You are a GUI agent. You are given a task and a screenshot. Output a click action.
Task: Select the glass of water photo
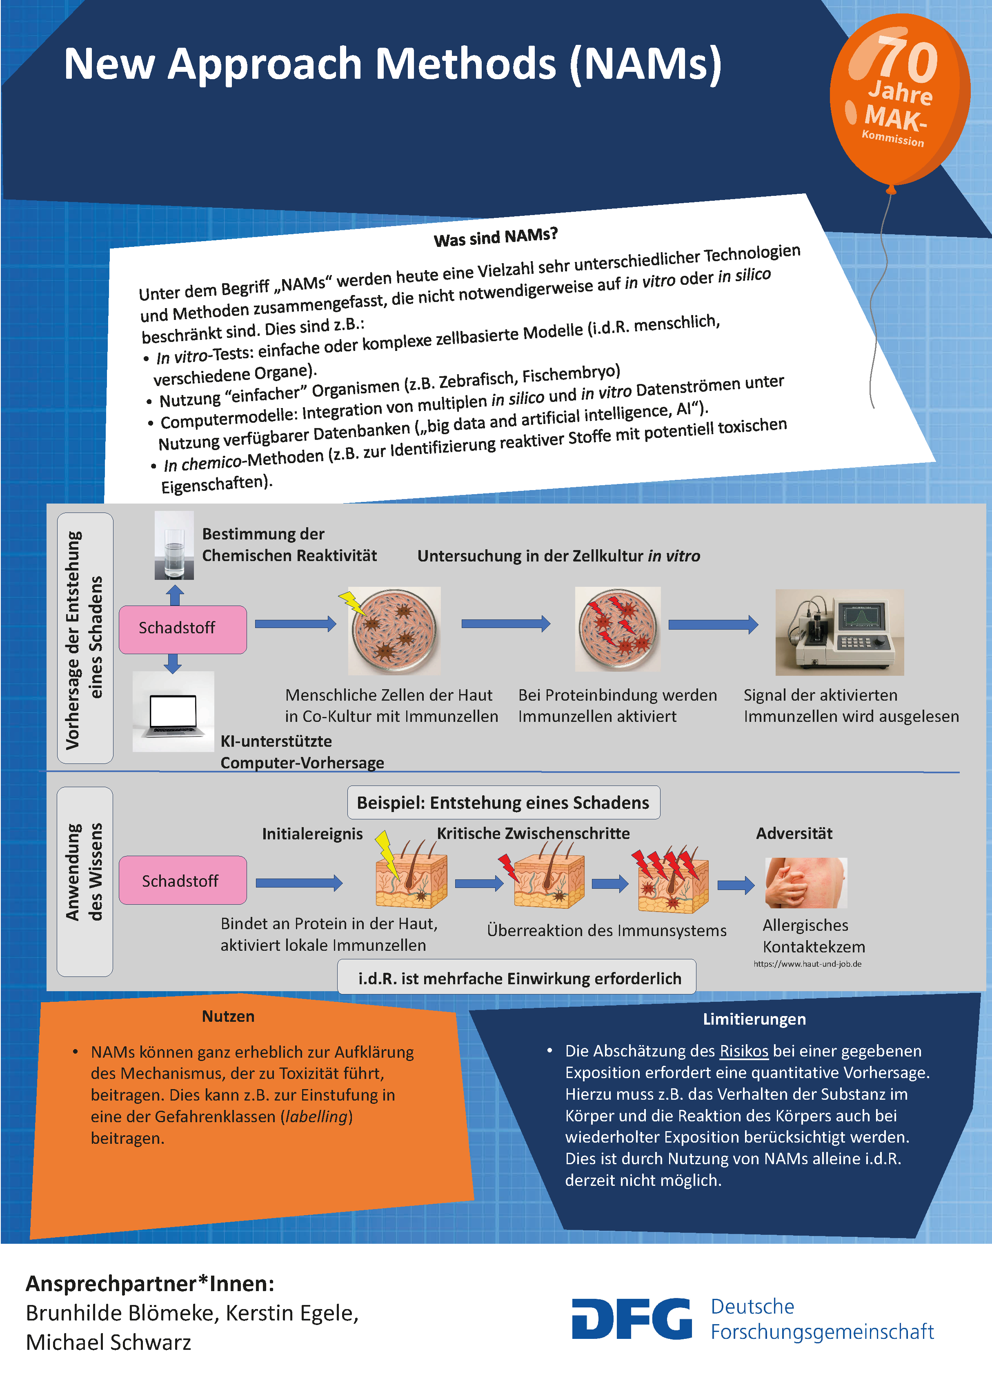click(174, 545)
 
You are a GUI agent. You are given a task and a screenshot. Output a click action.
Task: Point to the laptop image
click(173, 711)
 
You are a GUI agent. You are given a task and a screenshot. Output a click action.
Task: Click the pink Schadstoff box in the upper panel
click(182, 629)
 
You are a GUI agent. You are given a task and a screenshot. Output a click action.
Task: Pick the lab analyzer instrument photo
click(839, 632)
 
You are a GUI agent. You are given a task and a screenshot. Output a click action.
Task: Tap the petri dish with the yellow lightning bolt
click(394, 630)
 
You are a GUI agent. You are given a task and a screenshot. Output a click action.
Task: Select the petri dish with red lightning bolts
click(618, 629)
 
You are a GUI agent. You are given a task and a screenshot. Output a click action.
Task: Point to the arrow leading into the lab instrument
click(713, 624)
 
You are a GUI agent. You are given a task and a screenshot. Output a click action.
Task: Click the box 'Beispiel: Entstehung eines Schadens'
click(503, 803)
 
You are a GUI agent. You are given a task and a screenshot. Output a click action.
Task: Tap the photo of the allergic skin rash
click(806, 882)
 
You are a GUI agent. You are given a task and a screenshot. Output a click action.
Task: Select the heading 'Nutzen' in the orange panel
click(228, 1016)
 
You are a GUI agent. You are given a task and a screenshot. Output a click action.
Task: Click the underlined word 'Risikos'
click(743, 1051)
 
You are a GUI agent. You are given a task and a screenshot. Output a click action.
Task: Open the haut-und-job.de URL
click(807, 964)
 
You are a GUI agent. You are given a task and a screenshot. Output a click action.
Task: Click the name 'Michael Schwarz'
click(108, 1343)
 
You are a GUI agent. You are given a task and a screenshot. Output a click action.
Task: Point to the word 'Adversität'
click(794, 833)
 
